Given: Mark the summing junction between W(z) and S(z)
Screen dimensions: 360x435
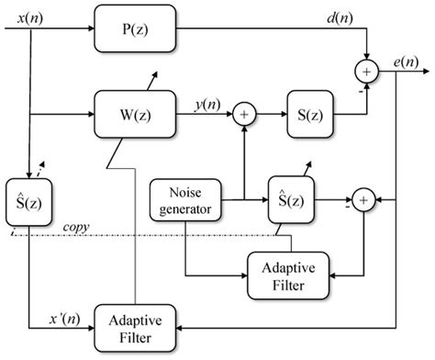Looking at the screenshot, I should point(244,114).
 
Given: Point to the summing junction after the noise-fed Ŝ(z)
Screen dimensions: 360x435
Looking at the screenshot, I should point(362,197).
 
